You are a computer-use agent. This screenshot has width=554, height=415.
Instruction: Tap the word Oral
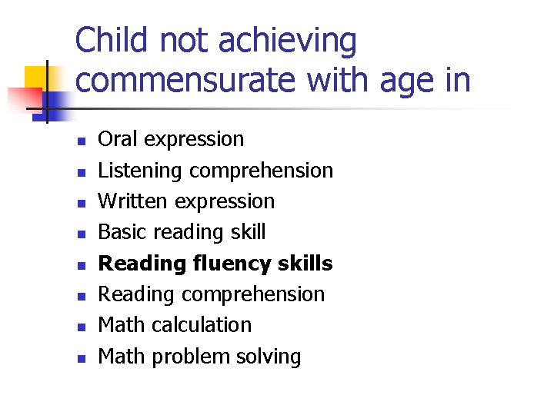click(x=118, y=139)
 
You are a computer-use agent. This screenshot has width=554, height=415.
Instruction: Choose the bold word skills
click(x=306, y=264)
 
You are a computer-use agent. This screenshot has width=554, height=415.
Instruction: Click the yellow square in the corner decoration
click(x=35, y=77)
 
